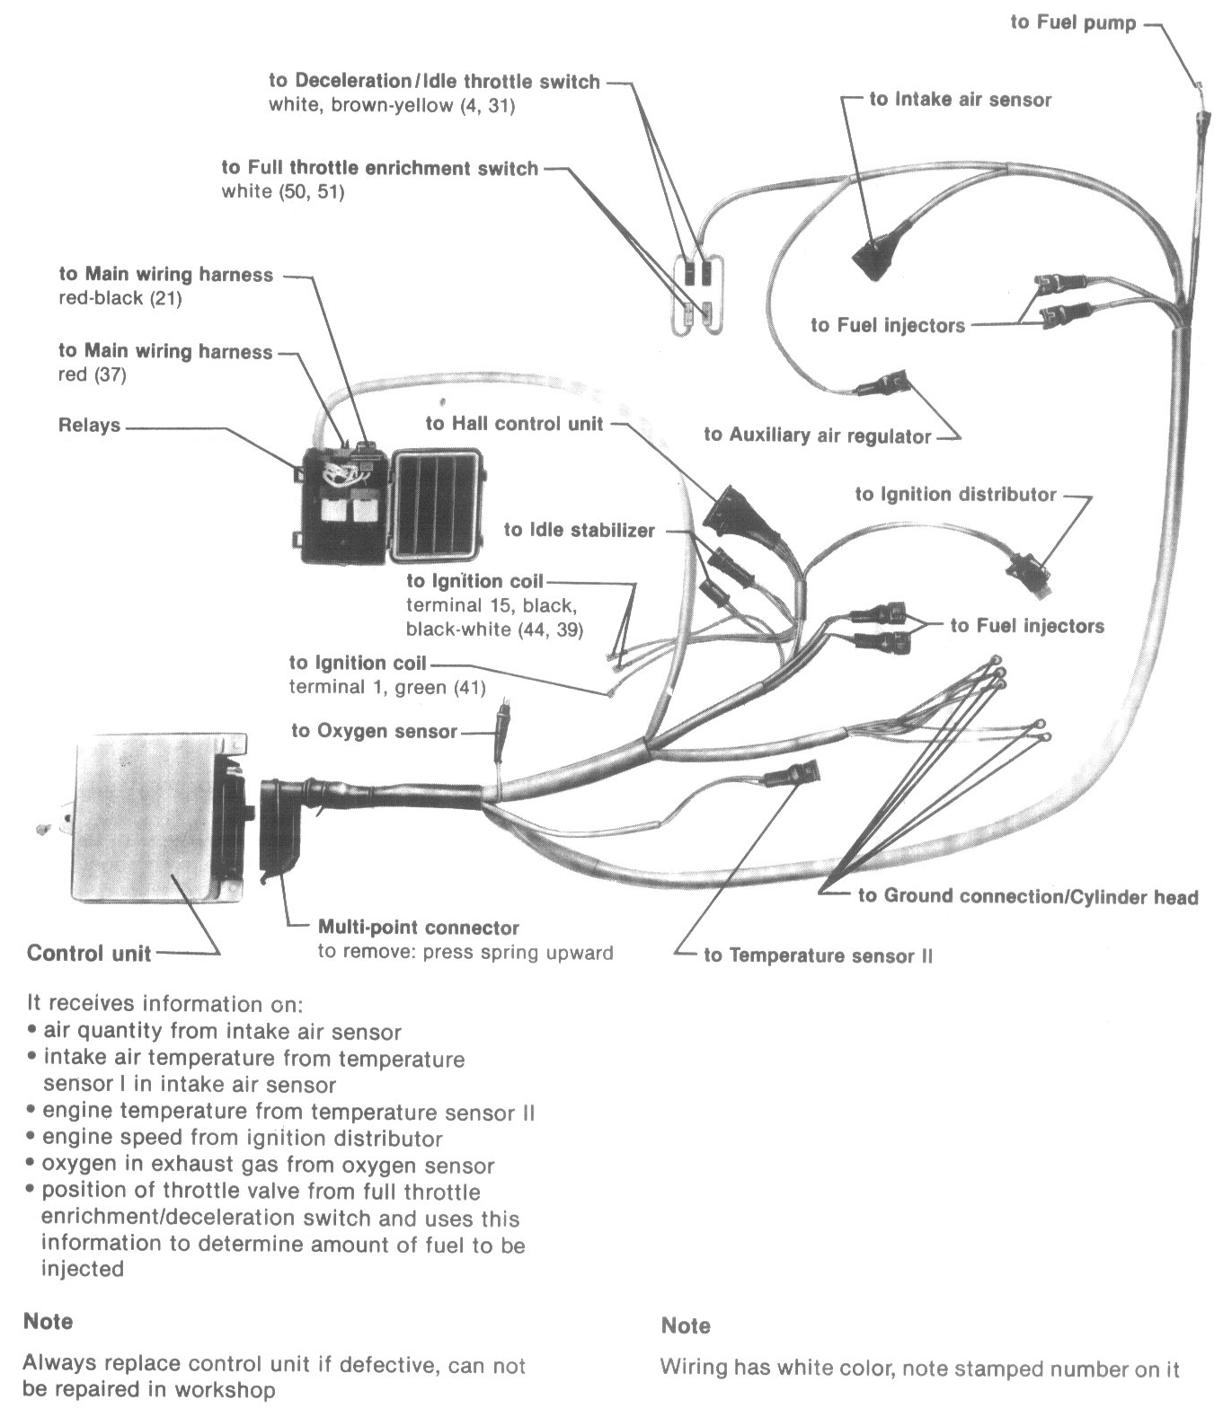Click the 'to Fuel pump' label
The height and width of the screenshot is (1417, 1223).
pos(1073,22)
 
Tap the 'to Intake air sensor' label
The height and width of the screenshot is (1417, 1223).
pos(960,100)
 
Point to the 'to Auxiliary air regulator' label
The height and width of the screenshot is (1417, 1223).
pos(817,436)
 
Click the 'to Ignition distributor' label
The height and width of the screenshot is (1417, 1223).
pos(955,494)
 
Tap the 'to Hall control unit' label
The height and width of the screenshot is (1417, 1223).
pos(514,423)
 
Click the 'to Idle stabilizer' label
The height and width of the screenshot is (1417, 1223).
pos(579,530)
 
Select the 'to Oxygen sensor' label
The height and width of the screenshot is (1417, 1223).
pos(374,731)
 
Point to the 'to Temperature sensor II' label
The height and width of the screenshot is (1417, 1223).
pos(818,955)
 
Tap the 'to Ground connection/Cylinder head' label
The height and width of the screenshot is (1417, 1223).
pos(1027,896)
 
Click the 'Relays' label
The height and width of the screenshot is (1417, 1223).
pos(89,425)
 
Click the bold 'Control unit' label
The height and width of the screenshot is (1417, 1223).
pos(89,953)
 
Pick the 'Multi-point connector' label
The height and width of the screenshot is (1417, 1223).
pos(418,928)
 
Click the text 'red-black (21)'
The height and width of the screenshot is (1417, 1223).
pos(120,298)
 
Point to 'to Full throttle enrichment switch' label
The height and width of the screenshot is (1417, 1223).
pos(379,168)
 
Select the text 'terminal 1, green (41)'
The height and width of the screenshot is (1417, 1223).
pos(386,688)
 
